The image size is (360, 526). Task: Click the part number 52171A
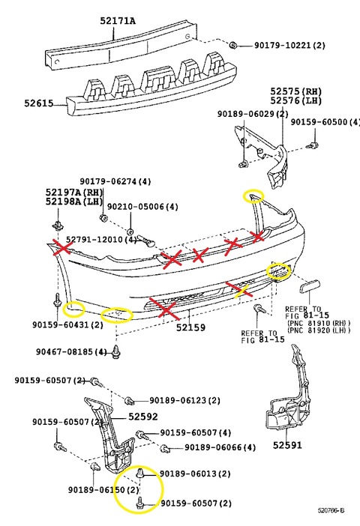(118, 21)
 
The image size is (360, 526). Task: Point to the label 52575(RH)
(297, 91)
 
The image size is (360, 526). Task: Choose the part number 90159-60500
(325, 122)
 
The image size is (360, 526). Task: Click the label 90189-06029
(253, 114)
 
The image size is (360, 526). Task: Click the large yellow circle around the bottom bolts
(139, 489)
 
